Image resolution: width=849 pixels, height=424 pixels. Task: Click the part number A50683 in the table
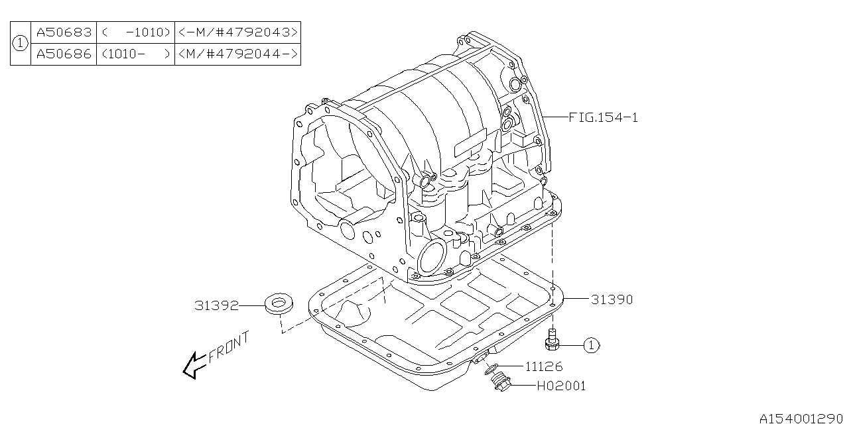click(x=64, y=32)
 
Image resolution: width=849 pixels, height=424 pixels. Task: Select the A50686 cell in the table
click(x=64, y=54)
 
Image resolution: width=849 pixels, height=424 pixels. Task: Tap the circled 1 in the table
click(x=21, y=43)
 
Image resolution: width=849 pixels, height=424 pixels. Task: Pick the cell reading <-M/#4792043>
click(x=237, y=32)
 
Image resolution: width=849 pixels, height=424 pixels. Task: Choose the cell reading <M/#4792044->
click(x=237, y=54)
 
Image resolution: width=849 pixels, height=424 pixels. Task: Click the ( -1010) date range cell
click(x=135, y=32)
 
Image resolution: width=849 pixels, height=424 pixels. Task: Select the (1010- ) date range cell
click(x=135, y=54)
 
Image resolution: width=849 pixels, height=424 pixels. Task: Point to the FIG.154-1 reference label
click(x=603, y=117)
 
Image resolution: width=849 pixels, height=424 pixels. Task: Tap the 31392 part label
click(x=216, y=305)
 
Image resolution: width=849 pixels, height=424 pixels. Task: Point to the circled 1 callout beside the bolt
click(x=591, y=344)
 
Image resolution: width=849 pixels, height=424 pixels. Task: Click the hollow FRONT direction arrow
click(x=194, y=365)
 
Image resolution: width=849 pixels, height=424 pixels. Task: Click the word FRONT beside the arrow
click(x=229, y=348)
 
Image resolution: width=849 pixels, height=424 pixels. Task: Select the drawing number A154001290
click(x=801, y=417)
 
